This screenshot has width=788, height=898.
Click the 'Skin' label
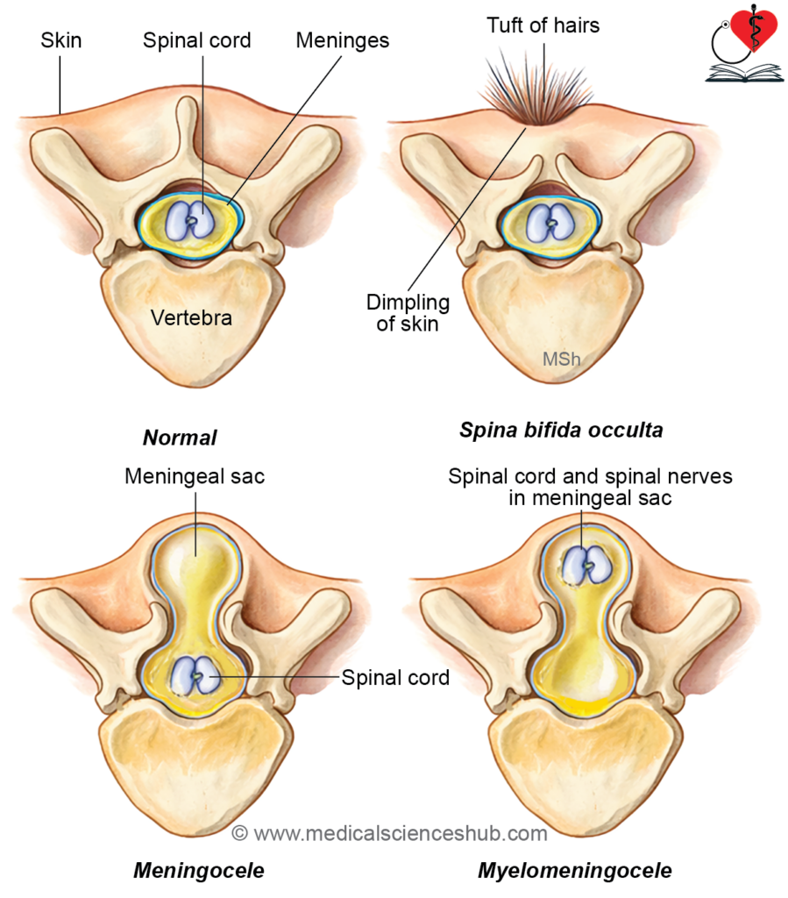click(60, 40)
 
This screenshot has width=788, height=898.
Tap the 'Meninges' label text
click(342, 40)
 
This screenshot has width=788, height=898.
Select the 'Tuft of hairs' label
click(543, 25)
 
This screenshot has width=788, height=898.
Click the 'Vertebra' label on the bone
click(191, 317)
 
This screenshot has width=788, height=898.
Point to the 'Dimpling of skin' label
click(408, 313)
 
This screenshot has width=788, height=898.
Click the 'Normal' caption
click(180, 438)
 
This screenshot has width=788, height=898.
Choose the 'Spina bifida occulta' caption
click(561, 430)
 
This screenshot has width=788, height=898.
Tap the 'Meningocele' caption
click(199, 871)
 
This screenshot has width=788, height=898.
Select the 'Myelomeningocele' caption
click(574, 871)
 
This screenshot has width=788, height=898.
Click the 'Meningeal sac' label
click(195, 476)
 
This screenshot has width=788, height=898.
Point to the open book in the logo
click(744, 74)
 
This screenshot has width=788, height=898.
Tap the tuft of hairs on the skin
click(536, 86)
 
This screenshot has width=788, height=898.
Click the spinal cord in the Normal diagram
click(190, 220)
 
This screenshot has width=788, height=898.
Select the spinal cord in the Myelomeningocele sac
click(586, 565)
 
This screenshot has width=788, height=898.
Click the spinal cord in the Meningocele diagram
click(195, 675)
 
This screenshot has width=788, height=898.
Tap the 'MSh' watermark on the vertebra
click(561, 359)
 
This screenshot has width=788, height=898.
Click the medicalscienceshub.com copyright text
click(389, 833)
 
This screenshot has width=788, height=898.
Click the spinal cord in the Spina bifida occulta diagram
click(550, 223)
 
